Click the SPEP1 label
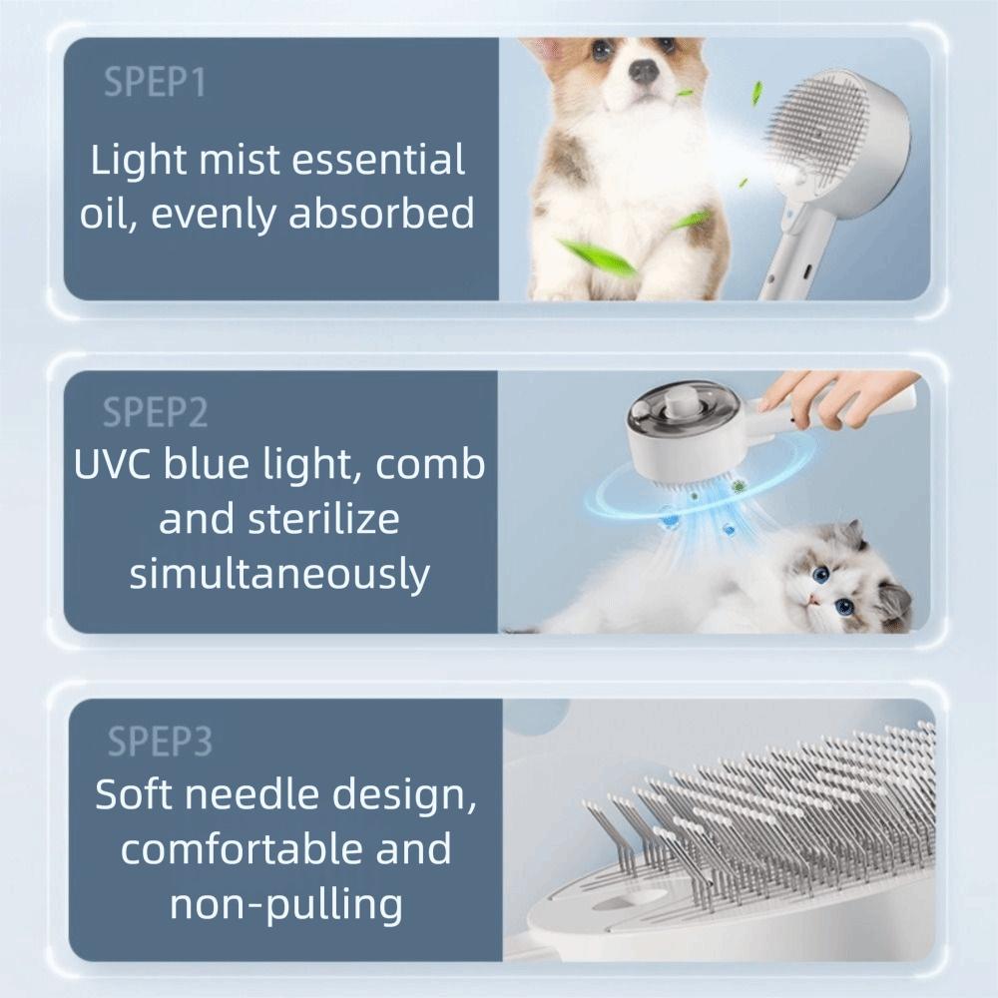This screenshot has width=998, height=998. (154, 84)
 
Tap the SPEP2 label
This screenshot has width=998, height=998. (155, 411)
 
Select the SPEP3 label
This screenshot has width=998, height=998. (160, 742)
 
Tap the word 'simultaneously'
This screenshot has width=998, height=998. (279, 574)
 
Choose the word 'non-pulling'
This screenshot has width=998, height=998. (286, 904)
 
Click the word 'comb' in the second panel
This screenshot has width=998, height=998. (435, 465)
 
